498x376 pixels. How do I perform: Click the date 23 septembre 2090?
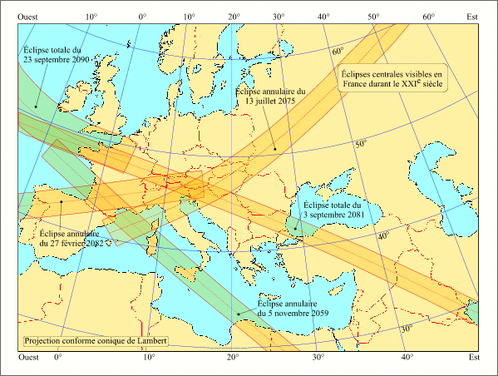[60, 60]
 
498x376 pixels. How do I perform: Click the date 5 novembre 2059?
[293, 313]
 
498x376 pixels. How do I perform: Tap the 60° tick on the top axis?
[429, 16]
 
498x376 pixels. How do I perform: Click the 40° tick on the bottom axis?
[407, 357]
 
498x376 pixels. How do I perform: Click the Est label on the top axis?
[472, 16]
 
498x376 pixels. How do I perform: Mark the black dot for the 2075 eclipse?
[275, 150]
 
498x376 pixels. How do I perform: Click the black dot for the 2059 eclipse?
[239, 314]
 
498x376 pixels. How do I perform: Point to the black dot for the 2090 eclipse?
[37, 106]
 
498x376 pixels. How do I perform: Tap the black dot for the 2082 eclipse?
[62, 200]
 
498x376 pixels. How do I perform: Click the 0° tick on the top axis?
[142, 16]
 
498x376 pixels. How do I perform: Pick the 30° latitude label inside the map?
[407, 329]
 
